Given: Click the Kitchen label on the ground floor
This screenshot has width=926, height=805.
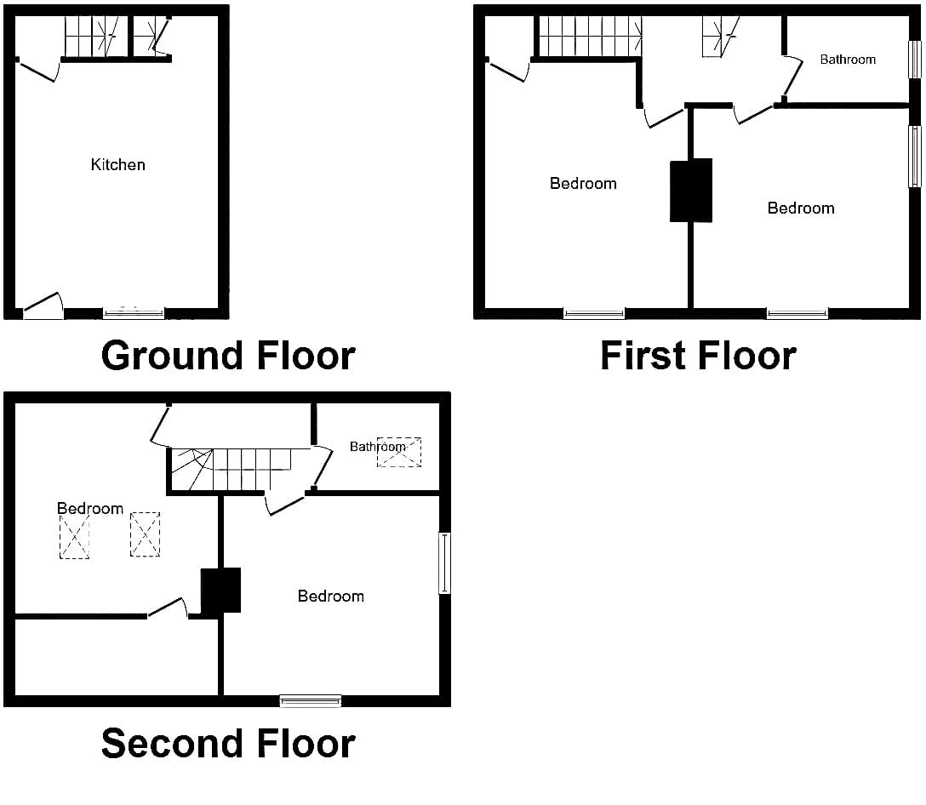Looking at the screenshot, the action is pos(118,165).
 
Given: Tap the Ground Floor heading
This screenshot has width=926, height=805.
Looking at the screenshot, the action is pos(228,356).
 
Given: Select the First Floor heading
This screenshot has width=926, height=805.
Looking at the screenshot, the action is pos(698,356).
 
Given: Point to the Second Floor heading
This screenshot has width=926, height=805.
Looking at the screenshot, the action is pos(228,743).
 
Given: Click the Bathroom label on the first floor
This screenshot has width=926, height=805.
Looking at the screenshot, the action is pos(848,59).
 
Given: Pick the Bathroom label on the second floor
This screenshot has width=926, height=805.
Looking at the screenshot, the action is pos(377,447).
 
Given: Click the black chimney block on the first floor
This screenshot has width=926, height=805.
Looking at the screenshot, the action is pos(691,190).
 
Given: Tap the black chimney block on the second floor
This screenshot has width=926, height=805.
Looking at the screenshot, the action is pos(221,590).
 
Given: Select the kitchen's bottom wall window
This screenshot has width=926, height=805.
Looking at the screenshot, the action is pos(134,313).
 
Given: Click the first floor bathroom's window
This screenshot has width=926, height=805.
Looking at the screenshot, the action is pos(914,59).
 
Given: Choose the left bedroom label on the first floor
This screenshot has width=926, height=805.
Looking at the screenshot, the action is pos(583,184).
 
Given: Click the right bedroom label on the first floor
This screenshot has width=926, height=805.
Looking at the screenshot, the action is pos(801,208).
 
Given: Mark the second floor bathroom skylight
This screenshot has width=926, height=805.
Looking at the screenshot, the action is pos(399,453).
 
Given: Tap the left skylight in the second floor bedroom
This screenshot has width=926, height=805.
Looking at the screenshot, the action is pos(74,537).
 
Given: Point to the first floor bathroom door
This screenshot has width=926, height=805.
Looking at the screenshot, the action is pos(792,77).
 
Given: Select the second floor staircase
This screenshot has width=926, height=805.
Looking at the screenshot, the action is pos(231,470).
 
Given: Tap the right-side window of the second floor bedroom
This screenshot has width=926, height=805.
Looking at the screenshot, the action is pos(444,562).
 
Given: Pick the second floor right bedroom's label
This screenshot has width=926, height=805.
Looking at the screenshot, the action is pos(331,596).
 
